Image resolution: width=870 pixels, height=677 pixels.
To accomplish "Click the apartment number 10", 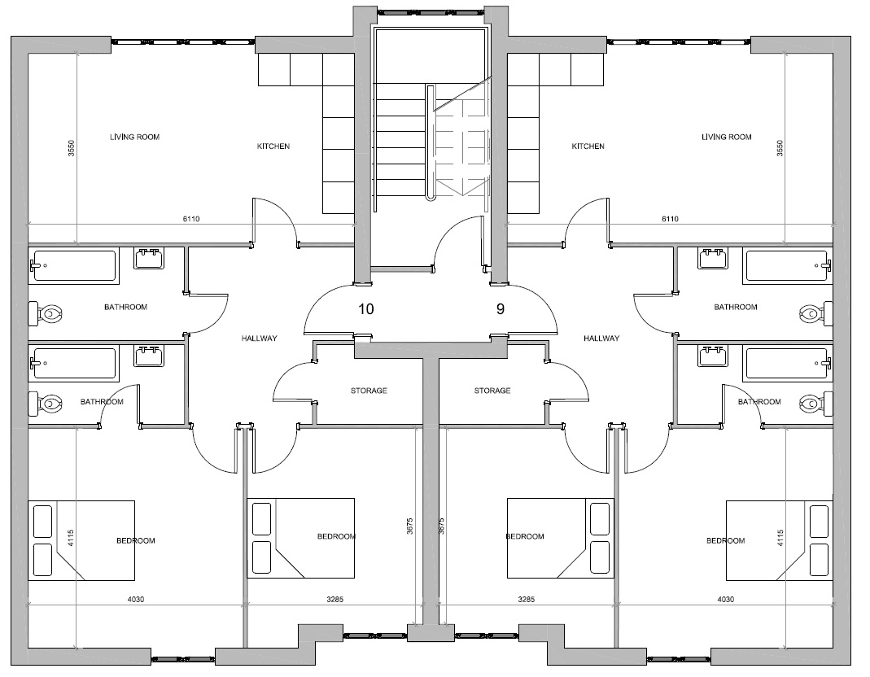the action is pyautogui.click(x=366, y=309).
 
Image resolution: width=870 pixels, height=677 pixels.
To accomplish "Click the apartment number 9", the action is pyautogui.click(x=501, y=309).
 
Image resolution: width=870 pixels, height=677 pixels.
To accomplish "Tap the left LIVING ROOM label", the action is pyautogui.click(x=135, y=137).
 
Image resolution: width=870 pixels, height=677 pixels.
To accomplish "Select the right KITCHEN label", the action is pyautogui.click(x=588, y=146).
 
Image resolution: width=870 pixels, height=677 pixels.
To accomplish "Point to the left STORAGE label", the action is pyautogui.click(x=369, y=391).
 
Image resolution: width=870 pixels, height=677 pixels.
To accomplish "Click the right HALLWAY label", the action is pyautogui.click(x=601, y=338).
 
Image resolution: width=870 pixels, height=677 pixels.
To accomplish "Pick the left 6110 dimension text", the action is pyautogui.click(x=191, y=219).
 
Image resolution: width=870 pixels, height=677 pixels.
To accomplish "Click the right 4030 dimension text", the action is pyautogui.click(x=726, y=600).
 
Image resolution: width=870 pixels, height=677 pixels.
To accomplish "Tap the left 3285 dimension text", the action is pyautogui.click(x=334, y=600).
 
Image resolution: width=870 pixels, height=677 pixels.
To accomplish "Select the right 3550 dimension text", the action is pyautogui.click(x=780, y=148).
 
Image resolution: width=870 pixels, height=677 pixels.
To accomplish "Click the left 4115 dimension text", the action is pyautogui.click(x=71, y=539).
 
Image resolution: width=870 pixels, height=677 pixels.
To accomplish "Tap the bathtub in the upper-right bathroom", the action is pyautogui.click(x=787, y=266).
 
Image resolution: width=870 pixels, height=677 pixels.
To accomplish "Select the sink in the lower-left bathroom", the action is pyautogui.click(x=148, y=356).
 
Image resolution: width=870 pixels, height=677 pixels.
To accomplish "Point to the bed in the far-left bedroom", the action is pyautogui.click(x=81, y=540).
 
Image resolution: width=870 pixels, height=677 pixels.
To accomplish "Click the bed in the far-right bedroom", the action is pyautogui.click(x=780, y=540).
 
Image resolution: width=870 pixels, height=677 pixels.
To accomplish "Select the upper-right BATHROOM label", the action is pyautogui.click(x=736, y=307).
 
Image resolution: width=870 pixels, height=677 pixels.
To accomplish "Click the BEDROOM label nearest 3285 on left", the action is pyautogui.click(x=336, y=536).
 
